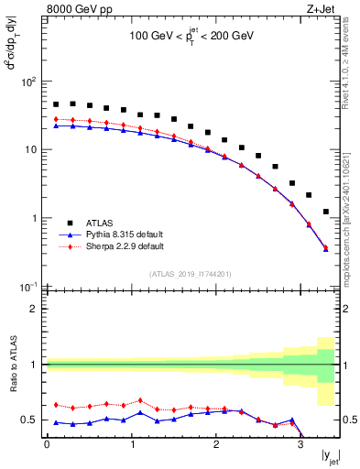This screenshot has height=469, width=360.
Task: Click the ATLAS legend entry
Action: click(100, 223)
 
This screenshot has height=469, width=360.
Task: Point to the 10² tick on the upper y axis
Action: click(27, 82)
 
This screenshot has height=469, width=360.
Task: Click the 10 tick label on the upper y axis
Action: click(28, 150)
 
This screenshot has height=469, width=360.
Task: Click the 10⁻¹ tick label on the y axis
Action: click(27, 287)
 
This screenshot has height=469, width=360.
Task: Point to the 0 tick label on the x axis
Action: click(46, 445)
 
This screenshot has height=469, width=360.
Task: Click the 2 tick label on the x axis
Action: click(215, 445)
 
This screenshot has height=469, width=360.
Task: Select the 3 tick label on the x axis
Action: click(300, 445)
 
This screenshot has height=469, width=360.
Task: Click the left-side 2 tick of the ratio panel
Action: click(34, 309)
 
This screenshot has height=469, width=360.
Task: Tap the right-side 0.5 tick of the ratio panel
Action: click(348, 420)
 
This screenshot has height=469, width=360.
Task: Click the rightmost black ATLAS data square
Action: click(326, 212)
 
